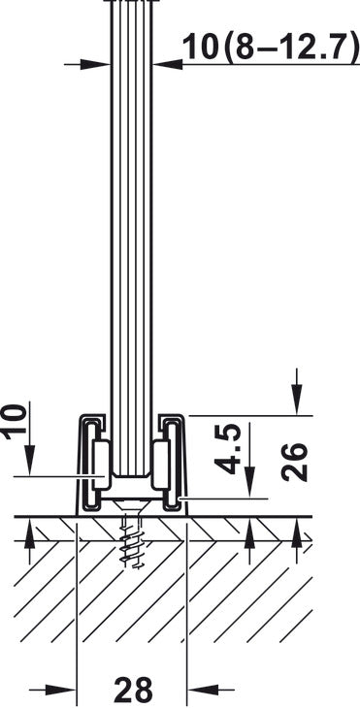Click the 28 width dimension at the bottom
coord(133,691)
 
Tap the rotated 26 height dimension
coord(297,464)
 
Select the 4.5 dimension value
coord(229,447)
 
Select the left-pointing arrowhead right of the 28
coord(196,690)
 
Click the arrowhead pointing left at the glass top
coord(169,65)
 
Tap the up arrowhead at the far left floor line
coord(30,530)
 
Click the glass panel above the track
coord(131,242)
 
